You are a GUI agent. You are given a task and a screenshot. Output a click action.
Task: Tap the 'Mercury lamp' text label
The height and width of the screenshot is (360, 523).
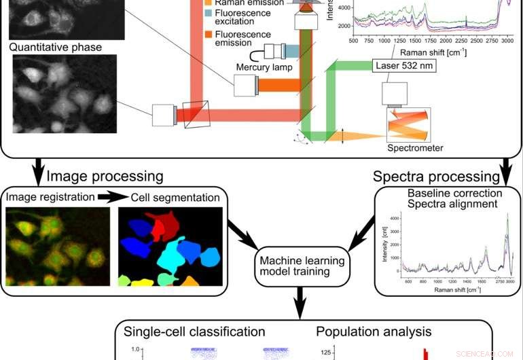(264, 67)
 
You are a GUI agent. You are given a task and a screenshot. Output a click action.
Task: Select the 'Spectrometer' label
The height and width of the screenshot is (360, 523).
(415, 148)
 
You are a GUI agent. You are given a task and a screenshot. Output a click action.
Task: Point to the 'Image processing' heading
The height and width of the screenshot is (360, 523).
(105, 177)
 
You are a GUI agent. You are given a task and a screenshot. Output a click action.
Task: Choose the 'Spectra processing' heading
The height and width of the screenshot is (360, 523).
(436, 177)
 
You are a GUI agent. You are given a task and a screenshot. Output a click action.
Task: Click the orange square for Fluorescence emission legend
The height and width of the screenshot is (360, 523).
(209, 35)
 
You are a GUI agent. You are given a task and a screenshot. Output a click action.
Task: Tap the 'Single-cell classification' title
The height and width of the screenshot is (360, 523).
(194, 332)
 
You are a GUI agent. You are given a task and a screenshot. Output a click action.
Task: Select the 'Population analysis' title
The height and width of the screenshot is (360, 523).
(374, 332)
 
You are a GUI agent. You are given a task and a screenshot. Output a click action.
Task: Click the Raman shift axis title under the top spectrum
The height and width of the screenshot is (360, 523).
(431, 51)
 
